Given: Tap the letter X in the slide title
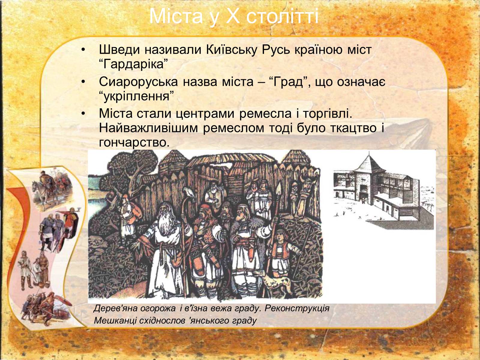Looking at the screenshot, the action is click(x=233, y=16).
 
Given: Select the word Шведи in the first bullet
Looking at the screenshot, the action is click(x=119, y=49).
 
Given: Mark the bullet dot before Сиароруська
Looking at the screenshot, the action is click(x=83, y=82).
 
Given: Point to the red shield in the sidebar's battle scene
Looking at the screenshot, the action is click(x=64, y=301).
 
